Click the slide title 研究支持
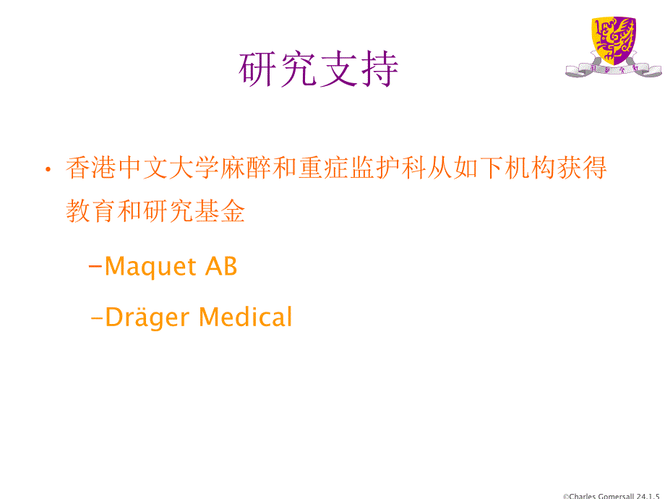tap(319, 70)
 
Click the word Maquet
tap(150, 267)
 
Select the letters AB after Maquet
tap(221, 267)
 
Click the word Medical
tap(245, 317)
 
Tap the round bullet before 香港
tap(48, 170)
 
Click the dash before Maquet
tap(95, 267)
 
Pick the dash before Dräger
tap(97, 317)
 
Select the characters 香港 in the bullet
tap(91, 169)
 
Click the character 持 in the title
tap(379, 70)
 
